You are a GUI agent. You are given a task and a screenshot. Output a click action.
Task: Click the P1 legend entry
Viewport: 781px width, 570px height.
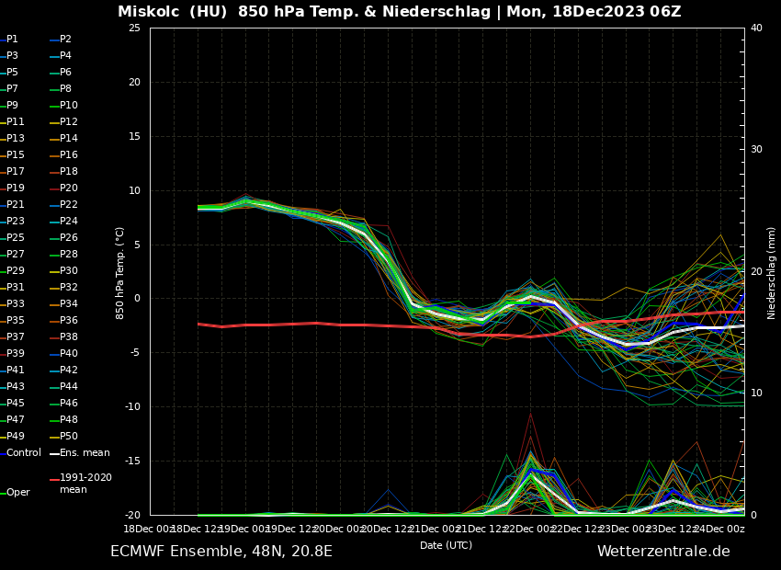(12, 40)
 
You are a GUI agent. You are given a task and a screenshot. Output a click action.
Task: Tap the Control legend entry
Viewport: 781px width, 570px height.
(23, 452)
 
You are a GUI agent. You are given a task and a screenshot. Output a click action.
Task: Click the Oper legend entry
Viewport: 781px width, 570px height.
(17, 492)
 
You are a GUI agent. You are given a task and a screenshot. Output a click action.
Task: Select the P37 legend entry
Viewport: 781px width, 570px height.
(15, 336)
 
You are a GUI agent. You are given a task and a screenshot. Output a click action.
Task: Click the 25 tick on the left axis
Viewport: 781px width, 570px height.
(134, 28)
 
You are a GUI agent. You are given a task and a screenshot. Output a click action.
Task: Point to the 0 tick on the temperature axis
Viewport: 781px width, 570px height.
(137, 299)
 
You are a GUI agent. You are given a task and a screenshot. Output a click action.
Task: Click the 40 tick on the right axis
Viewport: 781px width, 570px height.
(756, 28)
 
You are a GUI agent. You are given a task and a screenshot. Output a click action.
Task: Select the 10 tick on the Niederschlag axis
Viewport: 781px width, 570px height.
(756, 393)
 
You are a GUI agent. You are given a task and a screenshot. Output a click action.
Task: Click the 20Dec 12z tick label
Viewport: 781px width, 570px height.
(387, 529)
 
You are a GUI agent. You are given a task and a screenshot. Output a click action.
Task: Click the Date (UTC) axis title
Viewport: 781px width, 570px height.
(446, 545)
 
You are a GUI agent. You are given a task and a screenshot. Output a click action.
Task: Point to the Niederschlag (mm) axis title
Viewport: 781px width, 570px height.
(772, 272)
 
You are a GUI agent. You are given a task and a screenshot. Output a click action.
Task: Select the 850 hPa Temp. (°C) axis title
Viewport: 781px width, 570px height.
(119, 272)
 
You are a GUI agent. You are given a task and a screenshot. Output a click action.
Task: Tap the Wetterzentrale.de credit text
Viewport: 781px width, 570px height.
(663, 552)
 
